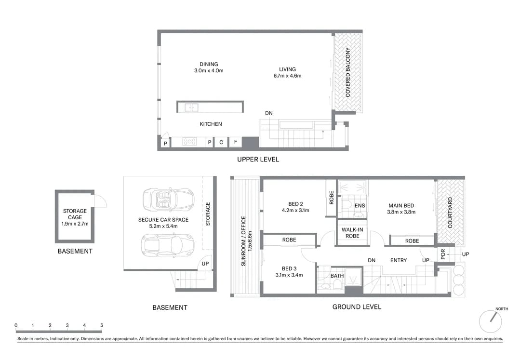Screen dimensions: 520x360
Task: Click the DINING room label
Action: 209,64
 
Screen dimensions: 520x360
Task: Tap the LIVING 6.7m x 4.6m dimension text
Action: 287,76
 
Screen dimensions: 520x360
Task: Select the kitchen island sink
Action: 191,107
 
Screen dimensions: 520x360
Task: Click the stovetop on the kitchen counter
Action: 189,142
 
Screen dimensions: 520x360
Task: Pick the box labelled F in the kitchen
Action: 236,142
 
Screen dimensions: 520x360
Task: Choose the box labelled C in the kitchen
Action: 221,142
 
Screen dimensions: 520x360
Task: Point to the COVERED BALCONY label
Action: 347,72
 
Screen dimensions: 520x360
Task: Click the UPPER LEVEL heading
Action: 258,160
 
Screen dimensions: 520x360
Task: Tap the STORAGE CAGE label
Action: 75,214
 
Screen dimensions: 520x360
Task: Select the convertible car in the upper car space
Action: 169,200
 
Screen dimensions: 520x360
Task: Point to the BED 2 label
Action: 295,204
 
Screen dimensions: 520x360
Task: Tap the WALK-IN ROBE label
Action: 352,233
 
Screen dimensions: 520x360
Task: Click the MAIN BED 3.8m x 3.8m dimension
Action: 401,212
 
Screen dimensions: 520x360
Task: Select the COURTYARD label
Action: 450,213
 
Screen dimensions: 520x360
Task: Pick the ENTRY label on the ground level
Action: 398,261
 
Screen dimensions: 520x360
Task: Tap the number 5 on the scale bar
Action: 102,325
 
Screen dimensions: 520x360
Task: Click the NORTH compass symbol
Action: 491,321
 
